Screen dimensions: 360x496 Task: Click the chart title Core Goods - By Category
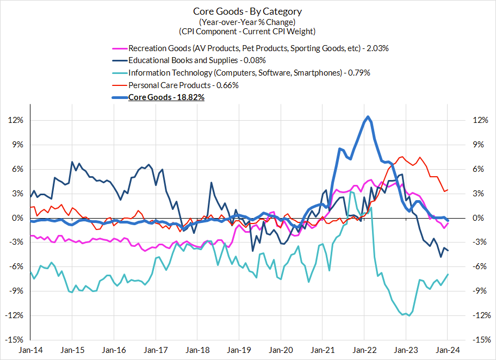click(x=247, y=11)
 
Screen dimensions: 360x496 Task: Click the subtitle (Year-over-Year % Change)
click(x=247, y=22)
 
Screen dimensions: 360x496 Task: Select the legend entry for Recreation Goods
click(x=258, y=48)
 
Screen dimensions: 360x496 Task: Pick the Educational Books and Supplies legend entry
click(x=196, y=60)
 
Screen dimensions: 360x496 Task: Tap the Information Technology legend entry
click(x=249, y=73)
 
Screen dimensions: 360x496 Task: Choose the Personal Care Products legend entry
click(x=183, y=85)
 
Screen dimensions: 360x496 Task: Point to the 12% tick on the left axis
click(x=16, y=120)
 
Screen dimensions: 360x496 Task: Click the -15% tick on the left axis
click(x=15, y=340)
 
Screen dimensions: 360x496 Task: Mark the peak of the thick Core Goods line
click(x=368, y=116)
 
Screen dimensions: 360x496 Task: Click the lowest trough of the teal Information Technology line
click(x=408, y=316)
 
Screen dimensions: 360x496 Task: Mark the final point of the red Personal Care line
click(x=448, y=190)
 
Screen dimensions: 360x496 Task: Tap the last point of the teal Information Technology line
click(x=448, y=275)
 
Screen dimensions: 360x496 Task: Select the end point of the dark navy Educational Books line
click(x=448, y=251)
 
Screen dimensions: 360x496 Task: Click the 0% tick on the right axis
click(x=479, y=218)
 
